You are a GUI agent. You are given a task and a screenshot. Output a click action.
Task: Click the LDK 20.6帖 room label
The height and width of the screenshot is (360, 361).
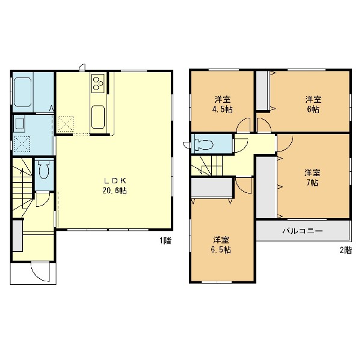click(x=114, y=186)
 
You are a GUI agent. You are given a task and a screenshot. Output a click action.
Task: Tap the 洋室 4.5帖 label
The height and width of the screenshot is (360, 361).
click(x=223, y=105)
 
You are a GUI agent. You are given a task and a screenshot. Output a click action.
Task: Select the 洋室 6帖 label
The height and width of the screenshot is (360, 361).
click(x=313, y=105)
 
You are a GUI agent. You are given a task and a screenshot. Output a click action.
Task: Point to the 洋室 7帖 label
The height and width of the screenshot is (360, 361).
click(x=312, y=177)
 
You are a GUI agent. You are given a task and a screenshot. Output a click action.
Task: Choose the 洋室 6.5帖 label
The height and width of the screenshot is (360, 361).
click(x=221, y=245)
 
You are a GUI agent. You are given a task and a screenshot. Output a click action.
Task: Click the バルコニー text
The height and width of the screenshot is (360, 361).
click(x=303, y=231)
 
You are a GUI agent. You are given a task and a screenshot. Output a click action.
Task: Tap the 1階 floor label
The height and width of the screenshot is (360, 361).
click(x=165, y=240)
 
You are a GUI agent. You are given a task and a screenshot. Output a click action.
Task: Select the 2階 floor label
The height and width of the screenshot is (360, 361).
click(x=346, y=250)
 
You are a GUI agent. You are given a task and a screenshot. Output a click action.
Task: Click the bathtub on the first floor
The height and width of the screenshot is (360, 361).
click(x=23, y=92)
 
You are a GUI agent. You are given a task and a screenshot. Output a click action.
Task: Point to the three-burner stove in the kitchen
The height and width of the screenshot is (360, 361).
click(x=98, y=83)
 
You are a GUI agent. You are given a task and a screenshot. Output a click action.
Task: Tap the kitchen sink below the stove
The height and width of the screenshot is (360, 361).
click(x=98, y=117)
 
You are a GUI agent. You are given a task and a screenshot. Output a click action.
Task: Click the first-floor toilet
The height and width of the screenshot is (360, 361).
click(x=44, y=169)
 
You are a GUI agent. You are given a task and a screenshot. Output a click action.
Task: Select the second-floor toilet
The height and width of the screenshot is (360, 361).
click(x=203, y=145)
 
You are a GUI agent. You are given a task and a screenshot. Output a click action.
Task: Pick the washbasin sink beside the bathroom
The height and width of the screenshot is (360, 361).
click(x=19, y=124)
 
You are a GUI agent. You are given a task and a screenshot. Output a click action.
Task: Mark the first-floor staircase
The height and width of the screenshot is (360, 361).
click(x=22, y=188)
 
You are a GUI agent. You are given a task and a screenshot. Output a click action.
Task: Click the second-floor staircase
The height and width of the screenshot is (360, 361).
click(x=207, y=165)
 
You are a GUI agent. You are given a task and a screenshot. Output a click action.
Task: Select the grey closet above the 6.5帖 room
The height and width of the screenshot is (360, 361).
click(x=212, y=188)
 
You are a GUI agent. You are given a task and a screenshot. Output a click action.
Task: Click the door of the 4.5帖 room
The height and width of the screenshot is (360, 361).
click(x=243, y=125)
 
